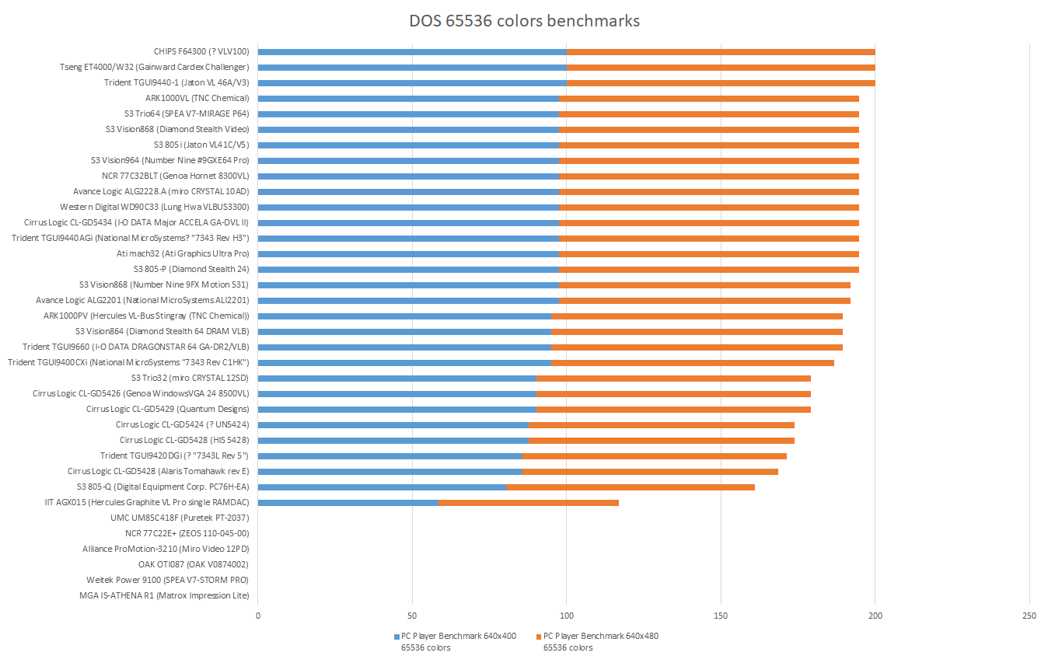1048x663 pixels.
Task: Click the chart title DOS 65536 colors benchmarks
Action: coord(525,21)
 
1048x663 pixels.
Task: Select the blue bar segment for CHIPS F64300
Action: coord(412,52)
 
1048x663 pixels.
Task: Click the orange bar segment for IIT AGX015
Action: coord(529,503)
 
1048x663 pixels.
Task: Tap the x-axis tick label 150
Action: coord(721,616)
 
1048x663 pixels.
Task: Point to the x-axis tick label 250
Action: coord(1029,616)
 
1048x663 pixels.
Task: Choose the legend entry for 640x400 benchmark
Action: coord(454,641)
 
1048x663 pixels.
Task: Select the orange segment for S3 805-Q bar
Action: coord(631,487)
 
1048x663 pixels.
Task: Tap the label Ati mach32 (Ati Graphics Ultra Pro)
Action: coord(183,253)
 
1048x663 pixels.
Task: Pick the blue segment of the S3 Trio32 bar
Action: coord(396,379)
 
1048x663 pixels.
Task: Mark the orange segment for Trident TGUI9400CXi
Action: coord(693,363)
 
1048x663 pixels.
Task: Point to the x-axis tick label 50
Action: coord(412,616)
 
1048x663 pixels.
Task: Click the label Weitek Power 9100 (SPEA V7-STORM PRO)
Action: coord(168,580)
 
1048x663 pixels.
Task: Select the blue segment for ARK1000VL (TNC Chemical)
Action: coord(408,99)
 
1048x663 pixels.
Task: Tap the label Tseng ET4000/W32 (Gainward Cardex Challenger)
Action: coord(155,67)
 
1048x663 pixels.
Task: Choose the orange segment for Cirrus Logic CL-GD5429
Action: coord(673,410)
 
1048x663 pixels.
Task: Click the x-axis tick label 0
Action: coord(258,616)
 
